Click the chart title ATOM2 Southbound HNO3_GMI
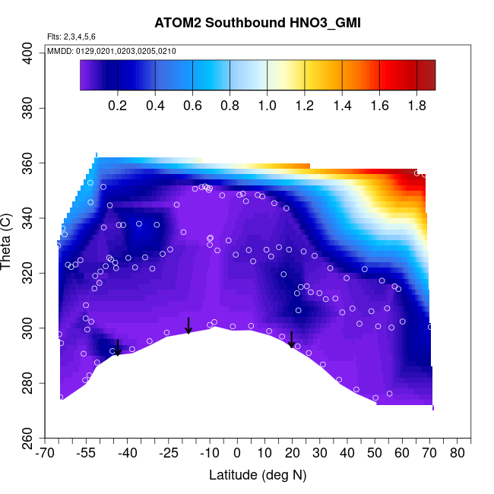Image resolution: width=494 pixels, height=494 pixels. [257, 23]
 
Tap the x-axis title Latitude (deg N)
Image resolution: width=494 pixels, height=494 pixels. [257, 475]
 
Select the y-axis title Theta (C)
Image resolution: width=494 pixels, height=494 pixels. [9, 245]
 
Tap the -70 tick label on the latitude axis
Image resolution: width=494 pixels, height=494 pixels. [44, 454]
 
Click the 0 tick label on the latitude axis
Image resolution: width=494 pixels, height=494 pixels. [237, 454]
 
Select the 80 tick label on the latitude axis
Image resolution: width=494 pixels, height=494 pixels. [457, 454]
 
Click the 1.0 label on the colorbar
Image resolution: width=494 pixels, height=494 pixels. [268, 106]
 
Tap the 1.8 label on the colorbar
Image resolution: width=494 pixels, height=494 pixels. [417, 106]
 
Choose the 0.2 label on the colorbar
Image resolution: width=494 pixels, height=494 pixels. [117, 106]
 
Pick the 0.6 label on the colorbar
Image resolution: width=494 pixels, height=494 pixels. [192, 106]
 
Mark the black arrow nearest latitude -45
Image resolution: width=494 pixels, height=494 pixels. [117, 347]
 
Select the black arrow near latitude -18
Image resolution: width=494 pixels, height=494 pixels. [188, 325]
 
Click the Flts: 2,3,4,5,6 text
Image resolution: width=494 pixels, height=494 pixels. [71, 36]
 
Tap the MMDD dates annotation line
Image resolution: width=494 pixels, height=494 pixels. [112, 51]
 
